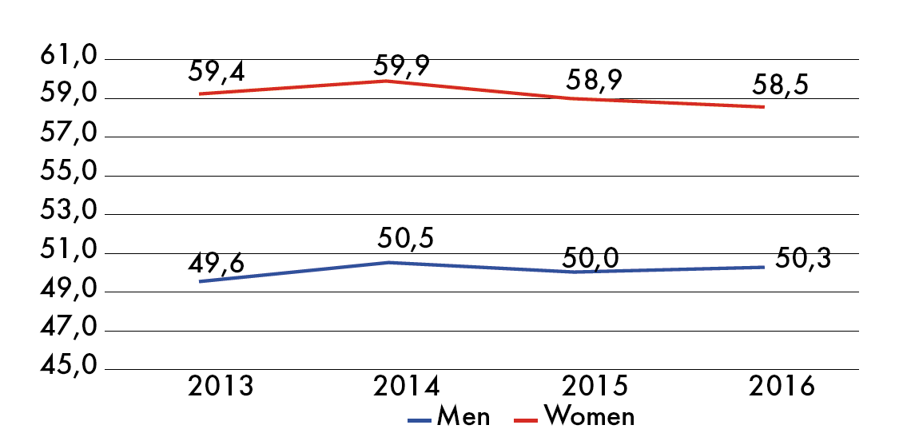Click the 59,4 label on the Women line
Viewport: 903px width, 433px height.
coord(216,73)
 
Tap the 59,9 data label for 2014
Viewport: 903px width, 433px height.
coord(401,65)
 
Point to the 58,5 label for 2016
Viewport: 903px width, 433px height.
coord(780,85)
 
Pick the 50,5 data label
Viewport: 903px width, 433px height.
coord(405,239)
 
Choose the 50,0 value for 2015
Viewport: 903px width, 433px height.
coord(591,258)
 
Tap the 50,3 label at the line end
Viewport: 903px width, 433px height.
coord(803,259)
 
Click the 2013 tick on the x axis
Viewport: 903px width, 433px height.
coord(221,387)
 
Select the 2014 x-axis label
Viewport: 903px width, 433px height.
coord(407,387)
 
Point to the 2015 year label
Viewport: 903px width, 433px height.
coord(595,387)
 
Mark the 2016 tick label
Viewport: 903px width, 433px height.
coord(782,387)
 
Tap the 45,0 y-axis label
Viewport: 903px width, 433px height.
coord(68,366)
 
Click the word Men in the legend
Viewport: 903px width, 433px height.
coord(463,416)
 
